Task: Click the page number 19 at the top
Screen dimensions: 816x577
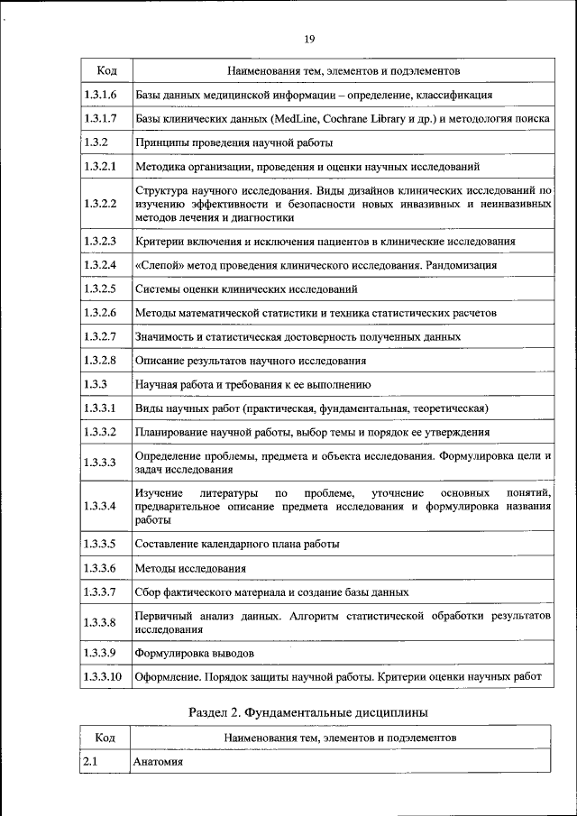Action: (308, 39)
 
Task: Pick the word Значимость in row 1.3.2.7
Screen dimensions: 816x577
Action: (164, 336)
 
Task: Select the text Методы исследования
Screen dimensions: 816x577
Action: (190, 568)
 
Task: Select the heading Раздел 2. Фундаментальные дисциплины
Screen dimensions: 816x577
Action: (307, 712)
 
